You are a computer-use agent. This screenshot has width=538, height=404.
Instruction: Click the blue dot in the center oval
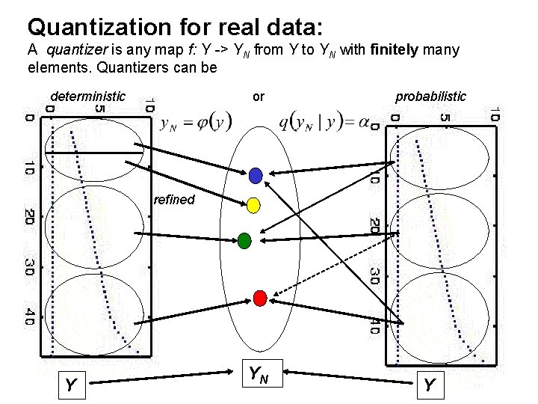coord(256,175)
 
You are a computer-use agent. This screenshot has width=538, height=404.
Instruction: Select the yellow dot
coord(253,204)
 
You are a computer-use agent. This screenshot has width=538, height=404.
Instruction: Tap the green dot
coord(244,240)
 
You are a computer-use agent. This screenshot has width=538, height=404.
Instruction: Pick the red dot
coord(260,298)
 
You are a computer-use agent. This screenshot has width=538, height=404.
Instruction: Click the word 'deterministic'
coord(87,97)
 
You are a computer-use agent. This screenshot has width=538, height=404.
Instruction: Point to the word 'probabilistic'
coord(430,97)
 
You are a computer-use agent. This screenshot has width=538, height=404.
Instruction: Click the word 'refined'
coord(173,200)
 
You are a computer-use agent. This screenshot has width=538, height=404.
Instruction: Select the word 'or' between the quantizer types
coord(259,97)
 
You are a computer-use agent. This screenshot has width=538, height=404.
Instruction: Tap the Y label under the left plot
coord(69,386)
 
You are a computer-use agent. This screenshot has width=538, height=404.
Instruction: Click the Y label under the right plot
coord(429,386)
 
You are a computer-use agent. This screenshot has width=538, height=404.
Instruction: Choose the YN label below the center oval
coord(259,373)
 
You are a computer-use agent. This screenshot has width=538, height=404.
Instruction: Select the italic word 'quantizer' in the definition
coord(73,51)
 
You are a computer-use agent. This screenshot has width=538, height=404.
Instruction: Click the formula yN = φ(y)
coord(196,122)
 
